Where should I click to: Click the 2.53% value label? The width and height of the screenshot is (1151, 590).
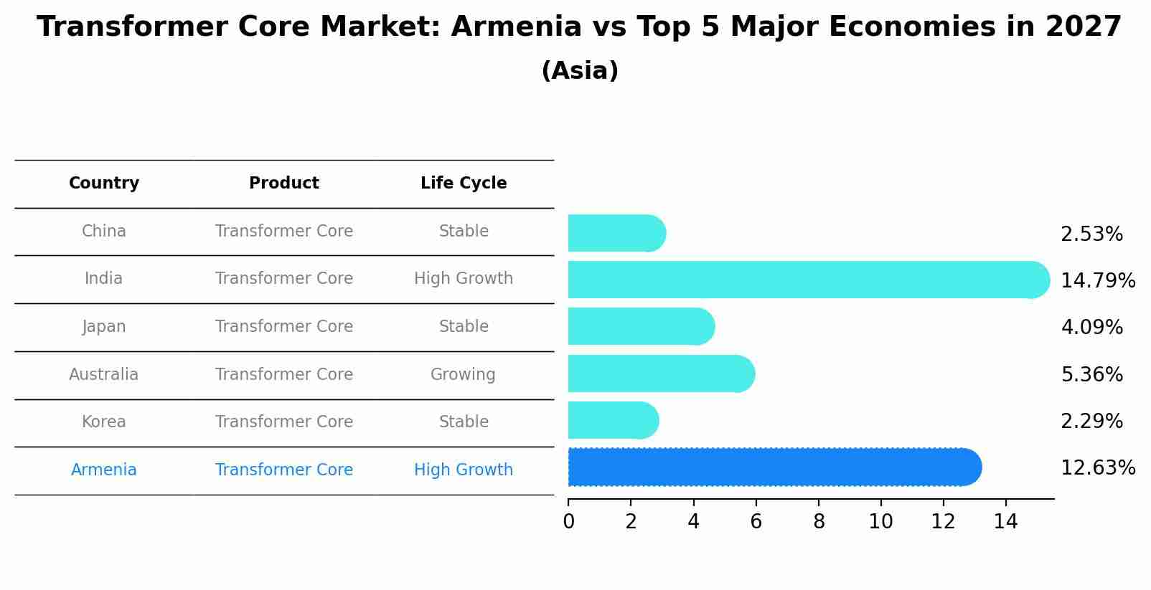(x=1091, y=234)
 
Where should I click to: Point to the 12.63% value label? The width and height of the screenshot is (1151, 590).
(x=1097, y=468)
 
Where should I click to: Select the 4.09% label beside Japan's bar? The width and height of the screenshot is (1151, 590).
(x=1091, y=328)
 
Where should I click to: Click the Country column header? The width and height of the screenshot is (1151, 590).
(x=104, y=184)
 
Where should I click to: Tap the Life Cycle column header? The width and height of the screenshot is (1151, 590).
(x=464, y=184)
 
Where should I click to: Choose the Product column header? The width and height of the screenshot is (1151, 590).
(x=284, y=184)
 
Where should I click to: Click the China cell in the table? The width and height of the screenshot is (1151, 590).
(x=104, y=232)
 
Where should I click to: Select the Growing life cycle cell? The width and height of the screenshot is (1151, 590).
(x=463, y=375)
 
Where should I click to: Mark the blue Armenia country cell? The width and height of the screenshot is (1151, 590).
(x=104, y=470)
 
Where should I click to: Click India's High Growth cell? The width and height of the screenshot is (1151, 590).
(x=464, y=279)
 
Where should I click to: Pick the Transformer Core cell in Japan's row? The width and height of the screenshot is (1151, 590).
(x=284, y=327)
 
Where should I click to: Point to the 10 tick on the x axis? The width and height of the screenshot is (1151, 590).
(x=880, y=522)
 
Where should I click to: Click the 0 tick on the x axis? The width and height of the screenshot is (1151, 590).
(x=568, y=522)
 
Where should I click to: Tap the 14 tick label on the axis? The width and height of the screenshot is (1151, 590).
(x=1005, y=522)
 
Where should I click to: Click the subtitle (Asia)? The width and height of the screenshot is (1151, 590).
(x=580, y=71)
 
